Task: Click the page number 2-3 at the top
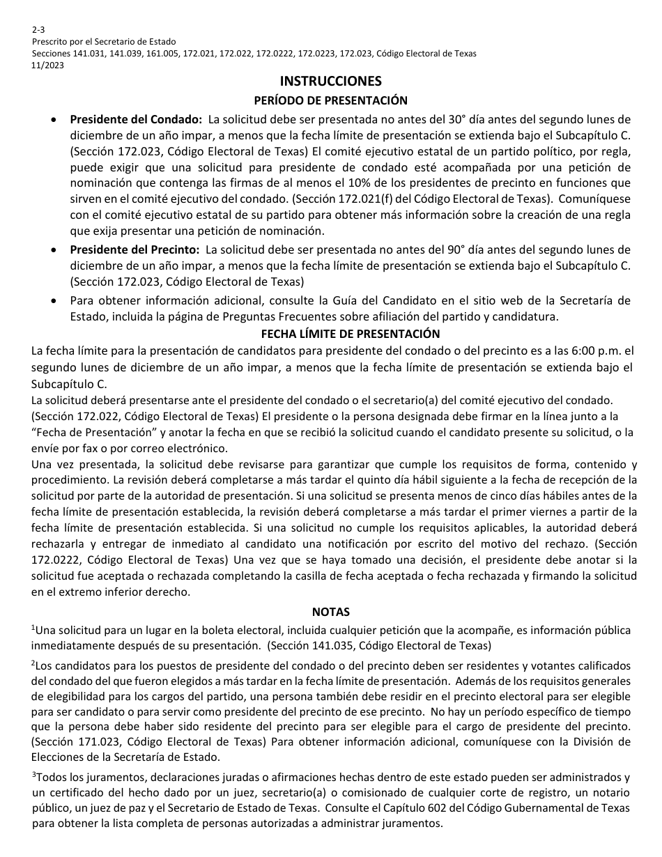37,31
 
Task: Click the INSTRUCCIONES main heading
330,82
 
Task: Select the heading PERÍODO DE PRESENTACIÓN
330,100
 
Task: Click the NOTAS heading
330,612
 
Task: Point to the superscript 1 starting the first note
33,627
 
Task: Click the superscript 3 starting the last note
33,775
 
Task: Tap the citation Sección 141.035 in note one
314,645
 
